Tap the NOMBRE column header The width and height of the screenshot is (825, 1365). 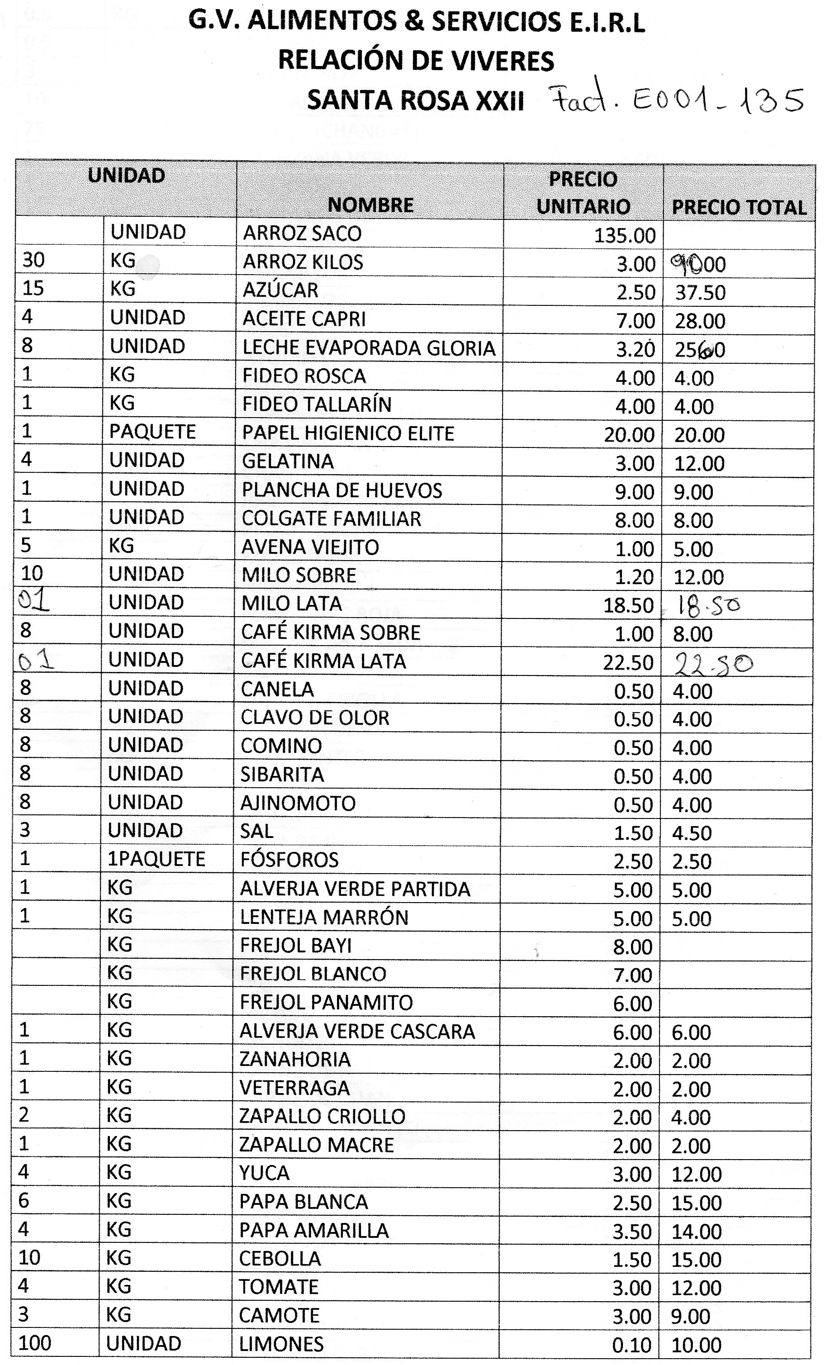pos(370,205)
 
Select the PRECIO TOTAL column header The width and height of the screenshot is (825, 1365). pos(739,207)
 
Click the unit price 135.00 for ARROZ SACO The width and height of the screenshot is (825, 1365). pos(625,235)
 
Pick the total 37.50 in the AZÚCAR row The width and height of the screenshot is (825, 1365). pos(700,292)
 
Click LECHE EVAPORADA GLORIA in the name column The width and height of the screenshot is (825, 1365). pos(369,348)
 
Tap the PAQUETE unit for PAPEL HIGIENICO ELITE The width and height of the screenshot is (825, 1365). pos(152,432)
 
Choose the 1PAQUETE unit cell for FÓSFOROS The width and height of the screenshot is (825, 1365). pos(156,859)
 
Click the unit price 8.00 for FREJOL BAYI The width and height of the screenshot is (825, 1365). pos(632,947)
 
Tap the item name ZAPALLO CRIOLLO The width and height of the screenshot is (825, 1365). pos(322,1116)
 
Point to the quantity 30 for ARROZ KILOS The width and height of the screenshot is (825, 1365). pos(33,260)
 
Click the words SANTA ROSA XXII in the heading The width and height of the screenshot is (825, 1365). pos(415,101)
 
